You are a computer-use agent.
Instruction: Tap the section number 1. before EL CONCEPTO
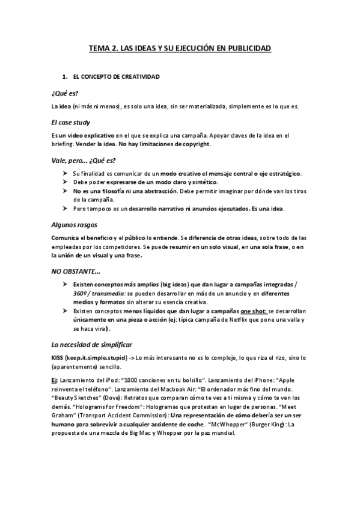click(64, 78)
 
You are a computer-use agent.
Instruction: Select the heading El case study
click(70, 122)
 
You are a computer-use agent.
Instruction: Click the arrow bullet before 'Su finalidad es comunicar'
click(65, 173)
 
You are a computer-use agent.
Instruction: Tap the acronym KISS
click(58, 358)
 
